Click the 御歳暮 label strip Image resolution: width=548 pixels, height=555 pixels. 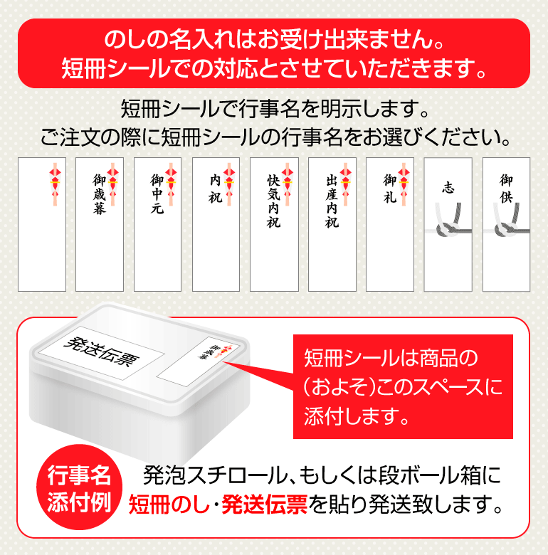[100, 224]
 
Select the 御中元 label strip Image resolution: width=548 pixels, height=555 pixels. [157, 224]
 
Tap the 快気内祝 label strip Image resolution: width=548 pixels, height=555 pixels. [274, 224]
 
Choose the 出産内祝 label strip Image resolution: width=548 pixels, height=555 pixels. [332, 224]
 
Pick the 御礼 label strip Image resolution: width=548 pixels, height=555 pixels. [390, 224]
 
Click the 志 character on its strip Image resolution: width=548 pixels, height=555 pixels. [448, 187]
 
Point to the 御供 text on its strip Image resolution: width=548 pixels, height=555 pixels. [506, 189]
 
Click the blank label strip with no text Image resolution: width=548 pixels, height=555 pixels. [42, 224]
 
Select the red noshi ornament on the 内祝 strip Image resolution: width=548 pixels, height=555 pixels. [229, 184]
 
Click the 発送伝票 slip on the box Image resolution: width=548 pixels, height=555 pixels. [101, 353]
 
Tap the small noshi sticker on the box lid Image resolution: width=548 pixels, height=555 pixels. [194, 361]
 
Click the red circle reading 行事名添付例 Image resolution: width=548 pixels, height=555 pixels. [79, 487]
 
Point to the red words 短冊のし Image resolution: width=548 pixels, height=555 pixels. [169, 504]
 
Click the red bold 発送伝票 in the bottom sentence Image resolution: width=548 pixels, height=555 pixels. [264, 504]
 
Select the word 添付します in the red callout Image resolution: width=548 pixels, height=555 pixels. [357, 416]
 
